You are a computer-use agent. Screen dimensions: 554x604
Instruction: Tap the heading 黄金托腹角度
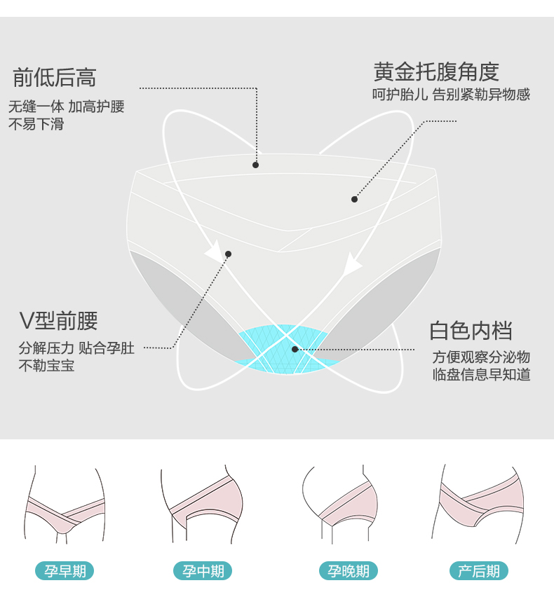click(436, 71)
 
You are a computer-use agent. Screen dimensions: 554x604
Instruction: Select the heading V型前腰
click(58, 321)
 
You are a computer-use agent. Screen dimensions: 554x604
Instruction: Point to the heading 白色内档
click(471, 330)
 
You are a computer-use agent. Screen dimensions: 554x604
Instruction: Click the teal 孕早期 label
click(65, 571)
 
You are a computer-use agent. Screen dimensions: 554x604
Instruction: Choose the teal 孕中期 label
click(203, 571)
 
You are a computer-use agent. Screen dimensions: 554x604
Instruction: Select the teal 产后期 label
click(479, 571)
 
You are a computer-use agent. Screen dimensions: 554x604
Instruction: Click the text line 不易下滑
click(36, 125)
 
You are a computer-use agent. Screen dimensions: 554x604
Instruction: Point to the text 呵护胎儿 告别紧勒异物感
click(451, 95)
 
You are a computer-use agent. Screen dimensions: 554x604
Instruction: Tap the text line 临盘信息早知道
click(481, 374)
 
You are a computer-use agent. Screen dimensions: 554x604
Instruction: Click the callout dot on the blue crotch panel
click(295, 349)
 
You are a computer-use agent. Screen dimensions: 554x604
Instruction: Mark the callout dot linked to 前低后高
click(256, 165)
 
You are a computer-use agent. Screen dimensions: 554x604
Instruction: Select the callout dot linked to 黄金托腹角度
click(354, 199)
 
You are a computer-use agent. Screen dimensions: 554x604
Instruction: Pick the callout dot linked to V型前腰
click(228, 254)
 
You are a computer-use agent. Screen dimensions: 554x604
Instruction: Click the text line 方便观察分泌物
click(481, 356)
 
